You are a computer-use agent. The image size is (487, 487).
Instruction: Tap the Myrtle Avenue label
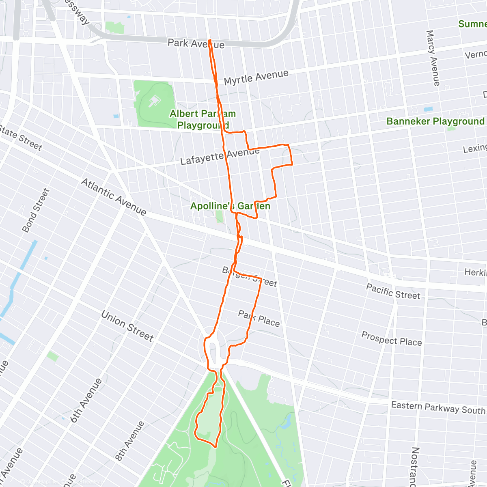[256, 77]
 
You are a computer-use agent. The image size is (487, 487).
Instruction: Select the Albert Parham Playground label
[203, 119]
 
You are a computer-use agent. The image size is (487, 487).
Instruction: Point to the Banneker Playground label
[435, 121]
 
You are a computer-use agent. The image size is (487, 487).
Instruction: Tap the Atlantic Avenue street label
[114, 196]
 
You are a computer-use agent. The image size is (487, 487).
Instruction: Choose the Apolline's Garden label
[230, 206]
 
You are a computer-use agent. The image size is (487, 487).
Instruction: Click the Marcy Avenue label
[433, 58]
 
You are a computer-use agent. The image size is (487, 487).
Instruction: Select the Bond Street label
[36, 210]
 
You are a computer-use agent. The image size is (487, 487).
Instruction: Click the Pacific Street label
[393, 292]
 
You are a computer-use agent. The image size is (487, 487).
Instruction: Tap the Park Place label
[259, 319]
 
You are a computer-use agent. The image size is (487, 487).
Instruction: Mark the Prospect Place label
[391, 339]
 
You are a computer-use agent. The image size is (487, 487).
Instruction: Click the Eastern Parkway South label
[437, 407]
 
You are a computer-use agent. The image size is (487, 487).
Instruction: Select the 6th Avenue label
[86, 400]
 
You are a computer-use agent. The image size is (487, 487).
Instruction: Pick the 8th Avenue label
[129, 441]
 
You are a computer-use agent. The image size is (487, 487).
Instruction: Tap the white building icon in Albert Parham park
[153, 101]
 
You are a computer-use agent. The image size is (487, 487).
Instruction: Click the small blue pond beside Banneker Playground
[428, 109]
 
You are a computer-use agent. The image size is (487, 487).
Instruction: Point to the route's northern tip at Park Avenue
[209, 40]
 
